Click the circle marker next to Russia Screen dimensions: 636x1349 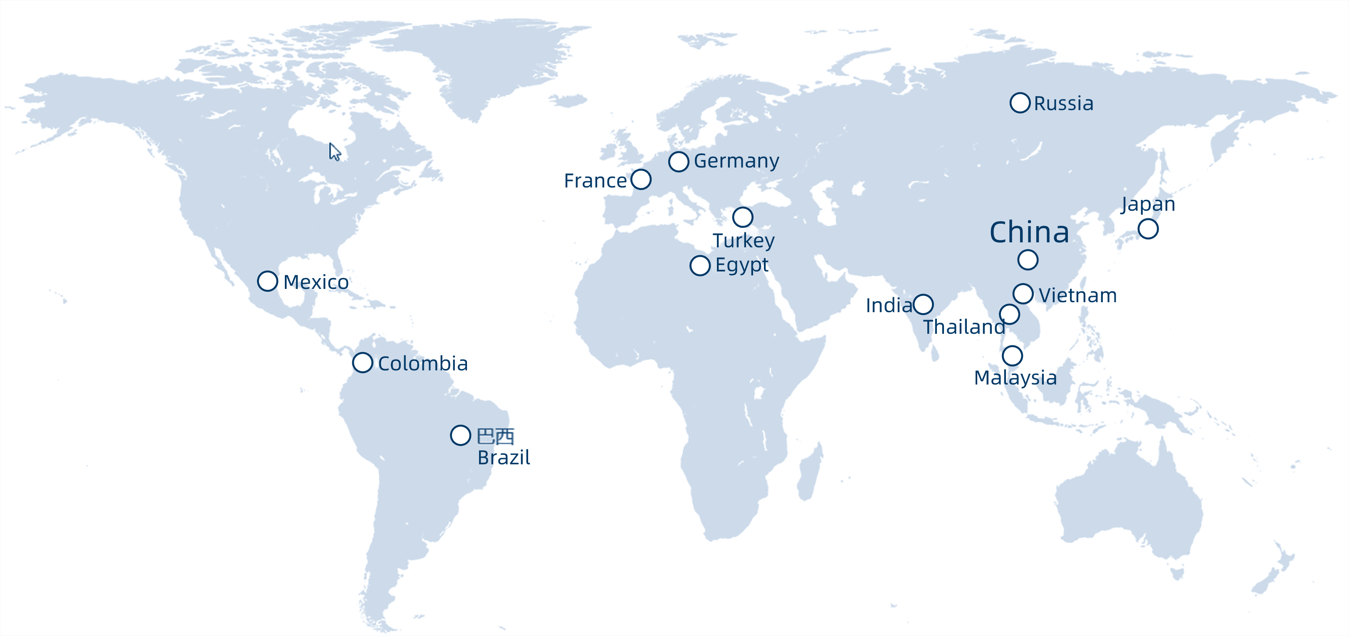tap(1020, 103)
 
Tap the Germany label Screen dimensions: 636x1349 tap(736, 161)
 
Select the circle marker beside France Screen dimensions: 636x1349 tap(641, 180)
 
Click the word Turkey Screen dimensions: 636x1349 tap(743, 241)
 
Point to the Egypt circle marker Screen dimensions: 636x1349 tap(699, 265)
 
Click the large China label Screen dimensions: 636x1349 tap(1029, 232)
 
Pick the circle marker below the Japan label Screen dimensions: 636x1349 tap(1148, 229)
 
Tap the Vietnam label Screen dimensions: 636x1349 tap(1078, 296)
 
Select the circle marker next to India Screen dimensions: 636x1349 tap(923, 304)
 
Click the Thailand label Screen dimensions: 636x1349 tap(964, 327)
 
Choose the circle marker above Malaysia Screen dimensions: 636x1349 tap(1012, 356)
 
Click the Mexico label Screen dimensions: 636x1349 tap(316, 283)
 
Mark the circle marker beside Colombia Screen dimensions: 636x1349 tap(362, 362)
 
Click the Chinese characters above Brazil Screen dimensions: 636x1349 tap(495, 436)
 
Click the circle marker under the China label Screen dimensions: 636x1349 tap(1028, 260)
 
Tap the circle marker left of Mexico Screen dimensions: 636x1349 tap(267, 281)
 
